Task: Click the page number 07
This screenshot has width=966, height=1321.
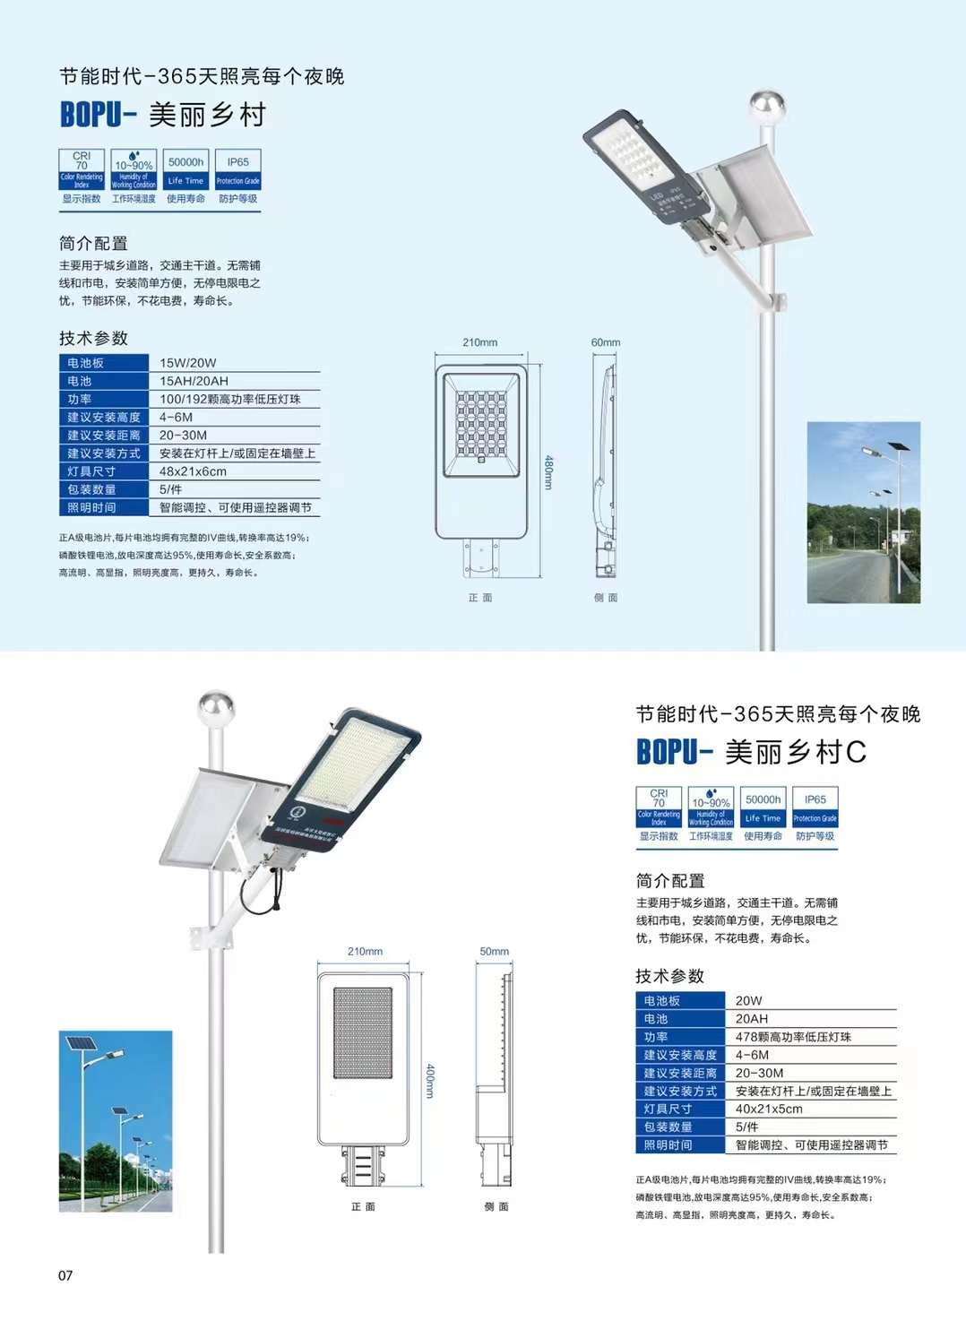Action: point(65,1275)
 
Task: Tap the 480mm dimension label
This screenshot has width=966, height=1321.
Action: point(549,472)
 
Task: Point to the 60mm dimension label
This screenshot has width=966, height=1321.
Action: point(606,342)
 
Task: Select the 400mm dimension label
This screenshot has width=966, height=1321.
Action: point(430,1081)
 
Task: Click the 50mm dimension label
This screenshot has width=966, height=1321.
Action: point(494,952)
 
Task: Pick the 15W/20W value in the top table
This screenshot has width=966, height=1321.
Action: point(188,363)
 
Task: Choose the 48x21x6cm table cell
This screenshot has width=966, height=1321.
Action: point(193,471)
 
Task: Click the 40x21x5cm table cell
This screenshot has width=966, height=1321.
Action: point(769,1109)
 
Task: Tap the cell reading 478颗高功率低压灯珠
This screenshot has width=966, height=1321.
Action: point(793,1037)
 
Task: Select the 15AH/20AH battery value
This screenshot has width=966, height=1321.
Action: point(194,381)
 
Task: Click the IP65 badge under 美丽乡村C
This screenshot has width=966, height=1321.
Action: point(815,807)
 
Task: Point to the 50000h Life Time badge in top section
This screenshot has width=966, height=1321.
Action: point(185,170)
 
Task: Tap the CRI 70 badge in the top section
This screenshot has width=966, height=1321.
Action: point(82,170)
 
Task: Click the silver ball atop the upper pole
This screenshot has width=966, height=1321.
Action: point(767,105)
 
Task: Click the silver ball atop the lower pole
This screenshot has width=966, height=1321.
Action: point(216,707)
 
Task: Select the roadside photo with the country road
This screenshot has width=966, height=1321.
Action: point(863,512)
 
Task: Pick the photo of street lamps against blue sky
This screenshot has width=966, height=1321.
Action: point(116,1121)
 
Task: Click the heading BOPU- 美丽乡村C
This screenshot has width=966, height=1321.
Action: point(751,752)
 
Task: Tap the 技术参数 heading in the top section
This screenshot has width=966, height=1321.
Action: point(93,338)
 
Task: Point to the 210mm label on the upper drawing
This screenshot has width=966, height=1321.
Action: point(480,342)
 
